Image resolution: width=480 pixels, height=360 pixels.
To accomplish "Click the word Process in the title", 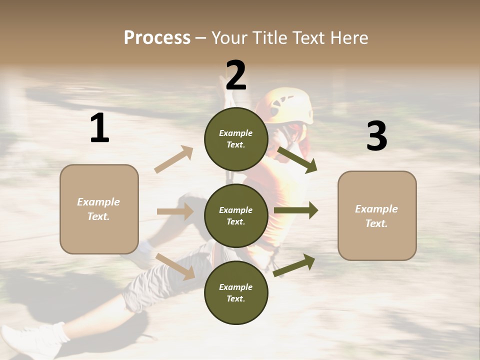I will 157,38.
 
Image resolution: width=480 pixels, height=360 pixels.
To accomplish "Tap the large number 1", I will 99,128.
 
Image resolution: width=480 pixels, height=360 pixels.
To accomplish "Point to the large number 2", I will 236,75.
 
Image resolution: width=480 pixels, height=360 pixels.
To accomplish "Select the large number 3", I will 376,136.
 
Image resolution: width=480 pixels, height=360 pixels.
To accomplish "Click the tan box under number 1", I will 99,209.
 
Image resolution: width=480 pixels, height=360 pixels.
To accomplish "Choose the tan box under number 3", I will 377,215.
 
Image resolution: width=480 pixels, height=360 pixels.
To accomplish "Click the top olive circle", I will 236,139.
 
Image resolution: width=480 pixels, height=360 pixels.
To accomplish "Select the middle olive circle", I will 236,215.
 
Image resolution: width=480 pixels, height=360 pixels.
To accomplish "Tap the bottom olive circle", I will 236,292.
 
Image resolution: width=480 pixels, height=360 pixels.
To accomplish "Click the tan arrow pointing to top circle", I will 174,159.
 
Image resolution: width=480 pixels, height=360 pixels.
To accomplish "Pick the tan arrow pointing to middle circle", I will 175,211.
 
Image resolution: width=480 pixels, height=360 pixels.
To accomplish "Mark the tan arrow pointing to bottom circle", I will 175,266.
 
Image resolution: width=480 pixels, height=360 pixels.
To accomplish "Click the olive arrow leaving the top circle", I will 297,159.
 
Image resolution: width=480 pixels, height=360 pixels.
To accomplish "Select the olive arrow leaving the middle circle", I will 296,210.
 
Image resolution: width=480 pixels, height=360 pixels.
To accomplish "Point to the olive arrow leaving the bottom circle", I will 294,265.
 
